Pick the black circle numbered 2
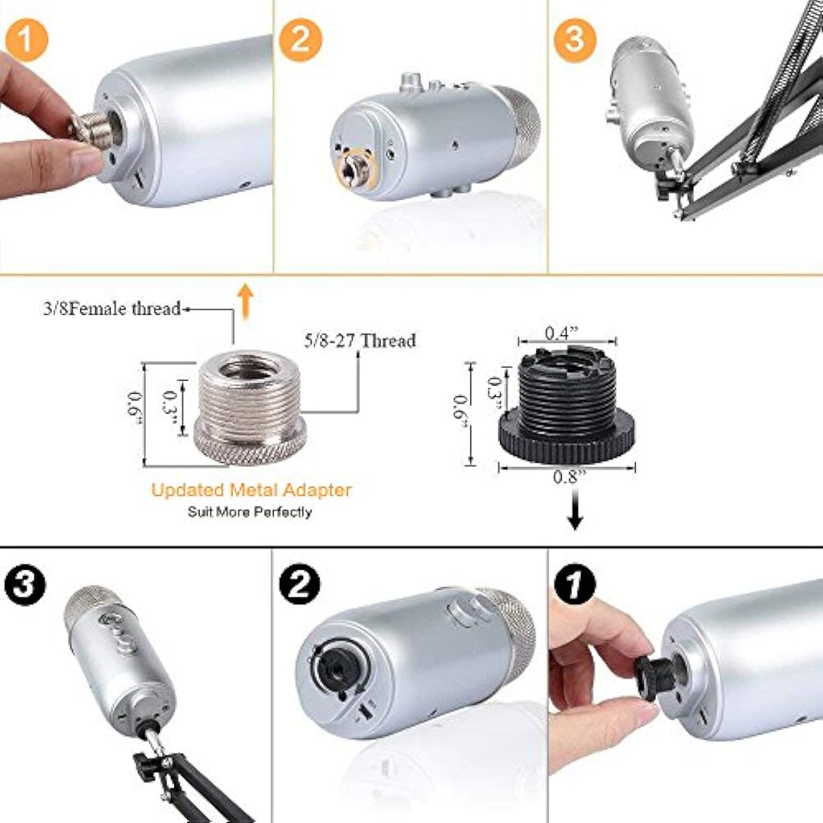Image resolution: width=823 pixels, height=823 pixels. coord(300,584)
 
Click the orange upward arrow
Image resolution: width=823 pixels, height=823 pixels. coord(246,302)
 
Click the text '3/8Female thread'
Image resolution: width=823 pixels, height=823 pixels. coord(112,309)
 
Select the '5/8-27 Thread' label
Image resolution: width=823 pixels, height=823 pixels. coord(359,340)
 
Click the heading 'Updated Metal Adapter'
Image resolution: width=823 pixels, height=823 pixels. coord(251,490)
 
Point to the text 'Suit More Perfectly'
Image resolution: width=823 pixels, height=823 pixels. coord(250,512)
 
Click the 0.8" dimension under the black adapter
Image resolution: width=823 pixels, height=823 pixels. coord(566,477)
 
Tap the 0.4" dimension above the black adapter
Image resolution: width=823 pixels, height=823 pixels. coord(562,333)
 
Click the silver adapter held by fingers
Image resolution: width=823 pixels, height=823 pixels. coord(91,128)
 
